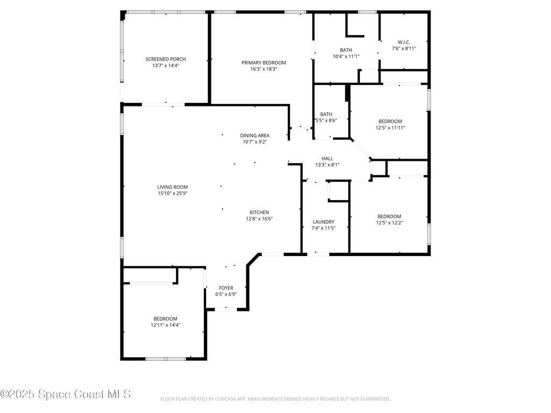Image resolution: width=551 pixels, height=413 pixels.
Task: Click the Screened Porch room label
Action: pyautogui.click(x=166, y=59)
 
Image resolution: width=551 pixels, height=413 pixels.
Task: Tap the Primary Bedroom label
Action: pyautogui.click(x=264, y=62)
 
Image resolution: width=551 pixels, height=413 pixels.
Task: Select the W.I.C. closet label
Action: pyautogui.click(x=404, y=42)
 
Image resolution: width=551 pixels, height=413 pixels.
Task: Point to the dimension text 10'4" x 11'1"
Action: pyautogui.click(x=346, y=56)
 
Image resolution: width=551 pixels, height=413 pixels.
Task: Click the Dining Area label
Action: pyautogui.click(x=255, y=136)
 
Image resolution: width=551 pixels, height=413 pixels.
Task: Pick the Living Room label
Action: pyautogui.click(x=172, y=187)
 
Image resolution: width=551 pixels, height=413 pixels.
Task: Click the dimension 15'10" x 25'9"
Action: pyautogui.click(x=172, y=194)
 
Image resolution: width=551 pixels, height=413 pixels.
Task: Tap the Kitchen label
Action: pyautogui.click(x=259, y=212)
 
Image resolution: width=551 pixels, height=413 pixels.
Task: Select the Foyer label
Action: pyautogui.click(x=226, y=288)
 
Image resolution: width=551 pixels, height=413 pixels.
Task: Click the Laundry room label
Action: pyautogui.click(x=323, y=222)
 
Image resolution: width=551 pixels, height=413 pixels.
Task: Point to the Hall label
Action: pyautogui.click(x=327, y=159)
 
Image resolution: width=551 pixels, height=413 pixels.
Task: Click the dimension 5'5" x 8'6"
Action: pyautogui.click(x=326, y=121)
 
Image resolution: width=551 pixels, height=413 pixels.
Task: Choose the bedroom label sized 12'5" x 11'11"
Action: pyautogui.click(x=390, y=122)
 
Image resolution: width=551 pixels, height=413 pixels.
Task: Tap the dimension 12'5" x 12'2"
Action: pyautogui.click(x=389, y=223)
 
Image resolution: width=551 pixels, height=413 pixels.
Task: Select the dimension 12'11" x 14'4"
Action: pyautogui.click(x=165, y=325)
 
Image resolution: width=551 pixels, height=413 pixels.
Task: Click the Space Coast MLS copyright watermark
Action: pyautogui.click(x=65, y=394)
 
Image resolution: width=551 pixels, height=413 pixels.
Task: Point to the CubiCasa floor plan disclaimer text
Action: pyautogui.click(x=275, y=399)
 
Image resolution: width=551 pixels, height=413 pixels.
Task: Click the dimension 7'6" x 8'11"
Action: pyautogui.click(x=404, y=48)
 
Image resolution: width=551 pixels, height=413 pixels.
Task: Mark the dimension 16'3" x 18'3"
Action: pyautogui.click(x=264, y=69)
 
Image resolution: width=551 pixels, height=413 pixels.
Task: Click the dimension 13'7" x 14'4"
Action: pyautogui.click(x=166, y=66)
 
